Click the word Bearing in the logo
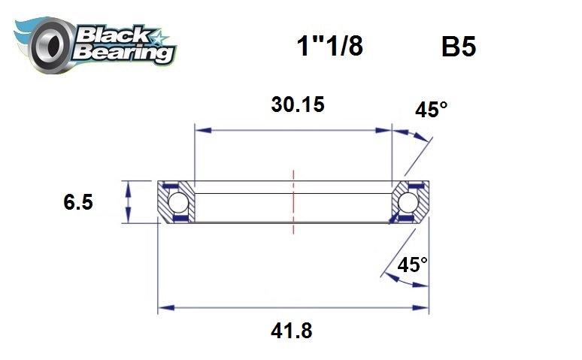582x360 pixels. (x=124, y=53)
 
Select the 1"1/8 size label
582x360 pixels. (x=329, y=47)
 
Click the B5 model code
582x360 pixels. (x=459, y=47)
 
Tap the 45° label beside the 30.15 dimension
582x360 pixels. (x=431, y=110)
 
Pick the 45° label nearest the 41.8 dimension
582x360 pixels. (x=412, y=265)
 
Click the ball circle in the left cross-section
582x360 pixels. (x=177, y=202)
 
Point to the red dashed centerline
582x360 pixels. (x=293, y=203)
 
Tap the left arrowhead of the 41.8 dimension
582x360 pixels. (x=163, y=307)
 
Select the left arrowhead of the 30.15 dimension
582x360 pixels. (x=200, y=130)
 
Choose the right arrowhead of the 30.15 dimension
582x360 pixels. (x=387, y=130)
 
